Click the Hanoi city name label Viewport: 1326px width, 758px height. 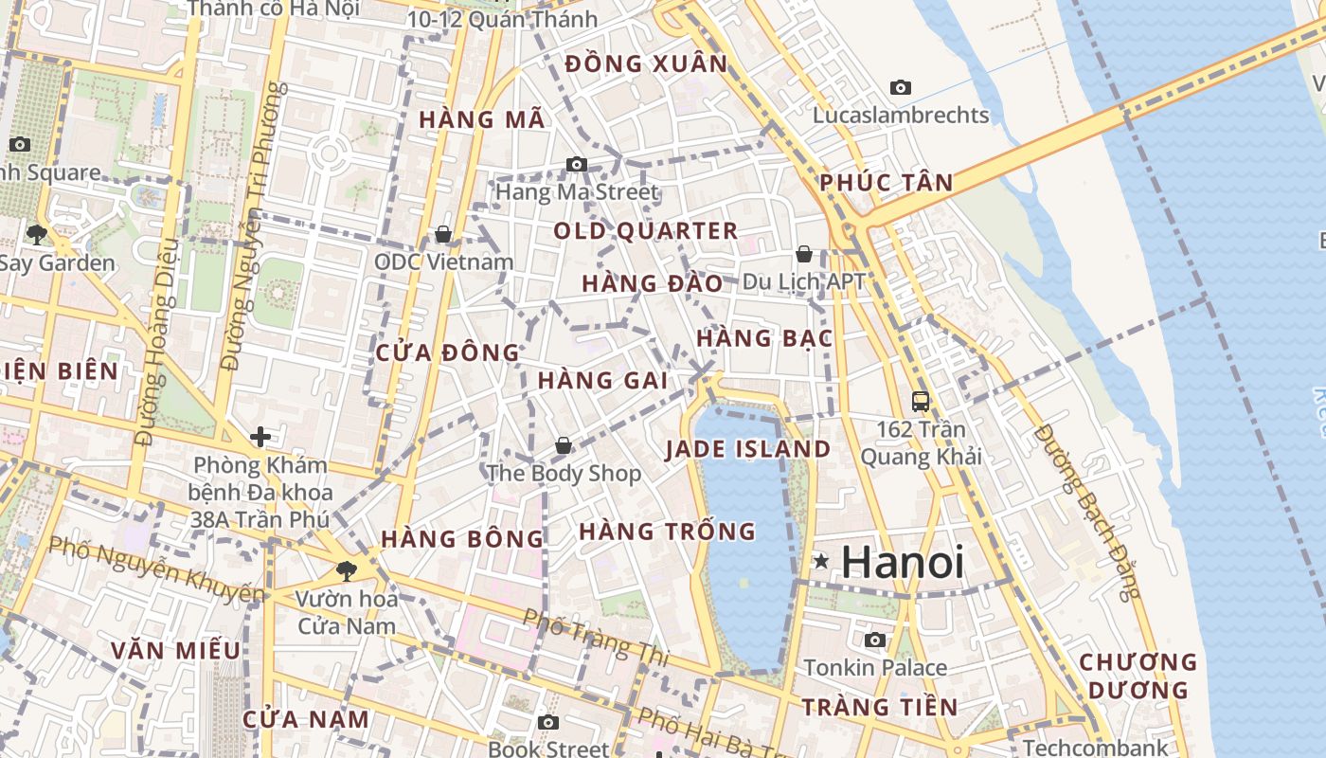click(x=902, y=562)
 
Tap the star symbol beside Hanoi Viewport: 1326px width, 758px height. click(x=821, y=562)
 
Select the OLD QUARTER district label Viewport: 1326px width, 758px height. click(x=645, y=231)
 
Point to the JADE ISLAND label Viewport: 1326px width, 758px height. click(x=747, y=449)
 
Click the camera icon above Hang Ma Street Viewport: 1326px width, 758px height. click(x=576, y=165)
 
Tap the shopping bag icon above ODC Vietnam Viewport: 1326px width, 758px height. click(x=442, y=234)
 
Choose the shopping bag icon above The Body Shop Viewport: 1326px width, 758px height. click(x=563, y=445)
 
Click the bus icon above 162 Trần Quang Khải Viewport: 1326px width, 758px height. click(x=920, y=401)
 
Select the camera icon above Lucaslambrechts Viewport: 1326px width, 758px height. click(x=900, y=88)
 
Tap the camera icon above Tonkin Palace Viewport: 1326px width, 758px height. click(x=875, y=641)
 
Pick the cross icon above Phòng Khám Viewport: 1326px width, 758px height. click(x=260, y=437)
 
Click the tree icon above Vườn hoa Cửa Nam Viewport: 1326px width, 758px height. click(x=346, y=570)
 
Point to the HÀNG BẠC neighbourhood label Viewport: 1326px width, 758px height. click(x=763, y=338)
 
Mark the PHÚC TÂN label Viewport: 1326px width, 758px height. click(x=886, y=183)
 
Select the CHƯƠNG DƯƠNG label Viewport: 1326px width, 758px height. click(x=1138, y=676)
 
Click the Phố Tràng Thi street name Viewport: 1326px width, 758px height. click(x=596, y=635)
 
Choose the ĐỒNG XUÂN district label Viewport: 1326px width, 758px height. click(x=646, y=64)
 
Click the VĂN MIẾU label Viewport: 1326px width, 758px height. click(x=175, y=651)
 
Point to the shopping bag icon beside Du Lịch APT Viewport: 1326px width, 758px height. click(x=803, y=254)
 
